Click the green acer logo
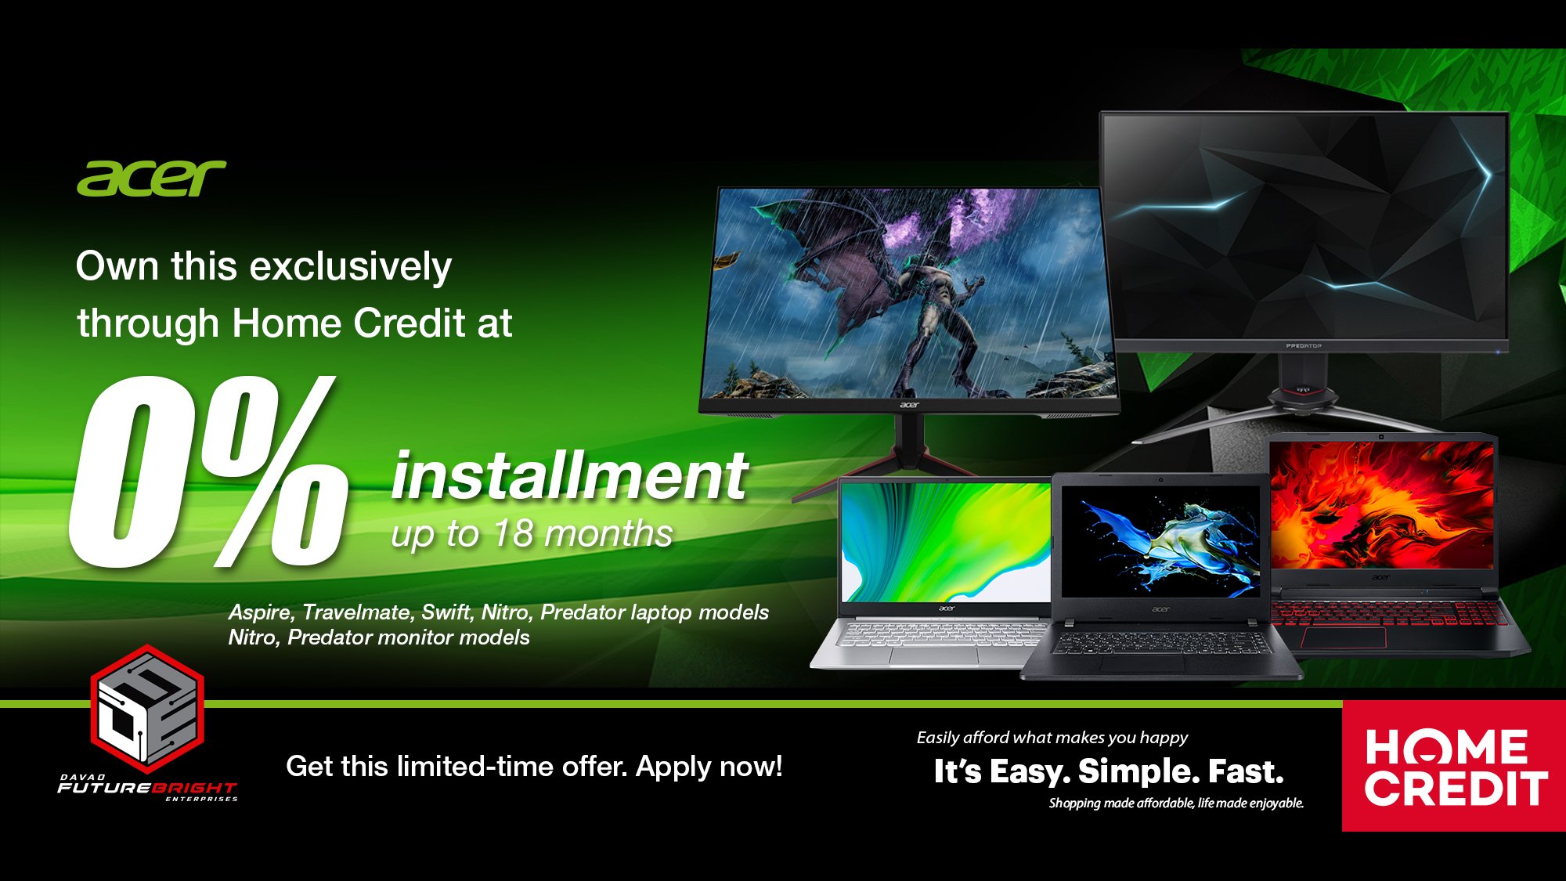pos(151,179)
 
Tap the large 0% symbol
pos(207,471)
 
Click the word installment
pos(569,476)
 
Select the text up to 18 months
pos(532,534)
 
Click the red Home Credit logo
pos(1454,766)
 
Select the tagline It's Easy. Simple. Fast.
pos(1109,772)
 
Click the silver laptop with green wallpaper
pos(932,573)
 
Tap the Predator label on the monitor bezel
pos(1304,345)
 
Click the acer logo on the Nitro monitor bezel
pos(909,405)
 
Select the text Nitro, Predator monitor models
pos(379,637)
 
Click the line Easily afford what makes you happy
pos(1052,738)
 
